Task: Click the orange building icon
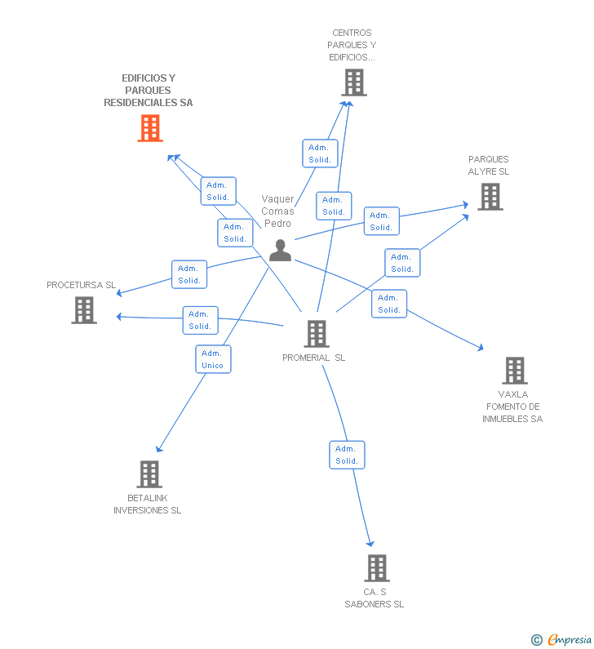click(x=150, y=128)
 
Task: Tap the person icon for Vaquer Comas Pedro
click(x=280, y=251)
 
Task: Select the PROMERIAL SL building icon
click(x=316, y=334)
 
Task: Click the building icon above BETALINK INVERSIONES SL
click(x=149, y=474)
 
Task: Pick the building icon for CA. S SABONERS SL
click(x=376, y=568)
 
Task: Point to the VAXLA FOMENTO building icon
click(x=514, y=371)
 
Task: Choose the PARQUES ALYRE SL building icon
click(x=490, y=197)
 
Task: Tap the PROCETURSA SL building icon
click(x=84, y=310)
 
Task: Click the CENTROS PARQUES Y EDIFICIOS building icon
click(x=353, y=82)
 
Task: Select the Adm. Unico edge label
click(x=213, y=359)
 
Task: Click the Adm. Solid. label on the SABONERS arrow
click(x=347, y=455)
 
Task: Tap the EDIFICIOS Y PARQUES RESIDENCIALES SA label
click(x=148, y=91)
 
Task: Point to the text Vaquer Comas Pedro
click(x=277, y=211)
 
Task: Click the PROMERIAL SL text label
click(x=314, y=358)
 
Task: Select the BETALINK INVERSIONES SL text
click(x=147, y=505)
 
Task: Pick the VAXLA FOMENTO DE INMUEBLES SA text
click(x=512, y=407)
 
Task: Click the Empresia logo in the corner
click(x=561, y=639)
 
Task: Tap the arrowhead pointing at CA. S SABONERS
click(x=370, y=544)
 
